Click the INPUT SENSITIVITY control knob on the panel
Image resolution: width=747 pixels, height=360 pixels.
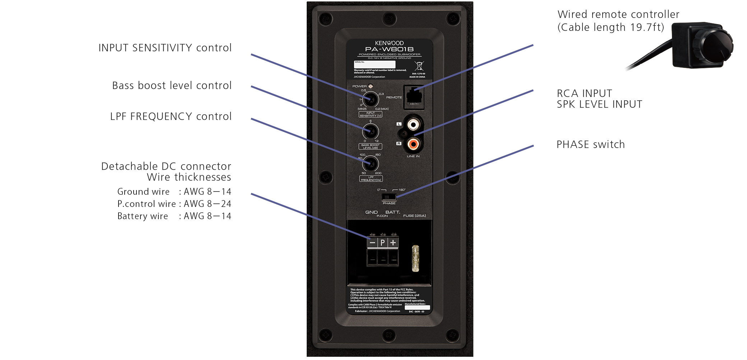click(371, 100)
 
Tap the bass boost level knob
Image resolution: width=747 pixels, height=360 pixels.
click(371, 132)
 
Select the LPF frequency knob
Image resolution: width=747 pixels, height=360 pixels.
click(371, 164)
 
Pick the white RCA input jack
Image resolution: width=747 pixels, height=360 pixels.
click(413, 125)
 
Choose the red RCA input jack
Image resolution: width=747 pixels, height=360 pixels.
click(413, 144)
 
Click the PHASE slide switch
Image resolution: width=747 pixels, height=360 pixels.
click(389, 197)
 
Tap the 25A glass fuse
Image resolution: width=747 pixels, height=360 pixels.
click(416, 258)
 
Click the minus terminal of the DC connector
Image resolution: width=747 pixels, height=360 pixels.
click(372, 243)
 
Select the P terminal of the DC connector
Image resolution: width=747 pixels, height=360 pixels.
click(383, 243)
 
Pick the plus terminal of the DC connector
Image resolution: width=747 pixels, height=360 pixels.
click(393, 243)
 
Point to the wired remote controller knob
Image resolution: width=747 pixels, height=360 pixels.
click(716, 47)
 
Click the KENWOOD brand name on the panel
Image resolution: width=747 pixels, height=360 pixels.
click(389, 43)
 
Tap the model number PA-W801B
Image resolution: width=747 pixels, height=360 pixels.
click(389, 49)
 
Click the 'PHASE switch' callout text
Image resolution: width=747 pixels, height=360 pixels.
click(590, 144)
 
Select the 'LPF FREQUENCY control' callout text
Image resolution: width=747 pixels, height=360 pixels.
click(171, 116)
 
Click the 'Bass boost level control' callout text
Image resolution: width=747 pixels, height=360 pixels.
click(172, 86)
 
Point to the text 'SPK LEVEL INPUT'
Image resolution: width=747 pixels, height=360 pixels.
click(599, 105)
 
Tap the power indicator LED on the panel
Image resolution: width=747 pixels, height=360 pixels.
click(371, 86)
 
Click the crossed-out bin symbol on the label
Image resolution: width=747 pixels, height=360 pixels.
click(419, 66)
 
